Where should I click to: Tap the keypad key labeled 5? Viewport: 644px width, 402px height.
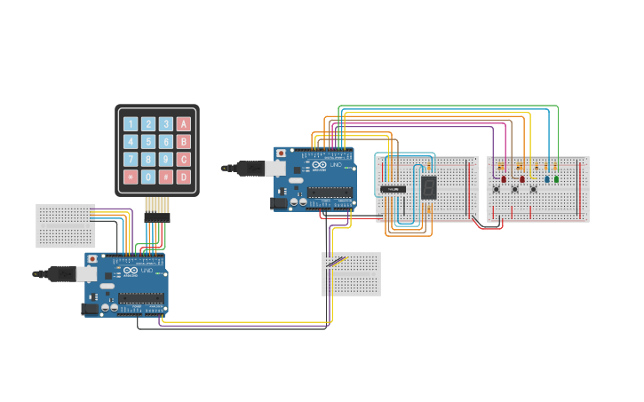click(148, 142)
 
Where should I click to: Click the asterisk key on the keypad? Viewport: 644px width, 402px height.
click(131, 177)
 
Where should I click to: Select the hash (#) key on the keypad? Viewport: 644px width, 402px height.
click(166, 177)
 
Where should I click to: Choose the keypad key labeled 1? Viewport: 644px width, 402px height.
click(131, 124)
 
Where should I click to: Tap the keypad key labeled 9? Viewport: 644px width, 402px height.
click(166, 160)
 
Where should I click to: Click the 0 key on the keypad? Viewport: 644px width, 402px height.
click(148, 177)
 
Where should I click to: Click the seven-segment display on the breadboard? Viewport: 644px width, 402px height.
click(428, 186)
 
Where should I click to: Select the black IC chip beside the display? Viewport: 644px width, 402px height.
click(393, 188)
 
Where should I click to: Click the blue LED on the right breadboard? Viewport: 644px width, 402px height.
click(546, 178)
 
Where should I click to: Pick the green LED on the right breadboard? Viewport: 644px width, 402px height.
click(557, 178)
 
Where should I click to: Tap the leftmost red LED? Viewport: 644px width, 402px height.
click(504, 178)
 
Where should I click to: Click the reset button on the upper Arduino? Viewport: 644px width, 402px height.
click(282, 154)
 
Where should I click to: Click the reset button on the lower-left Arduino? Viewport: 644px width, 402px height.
click(92, 259)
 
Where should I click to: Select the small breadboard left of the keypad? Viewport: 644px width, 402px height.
click(65, 225)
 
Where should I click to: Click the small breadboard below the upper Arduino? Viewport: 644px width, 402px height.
click(351, 273)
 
